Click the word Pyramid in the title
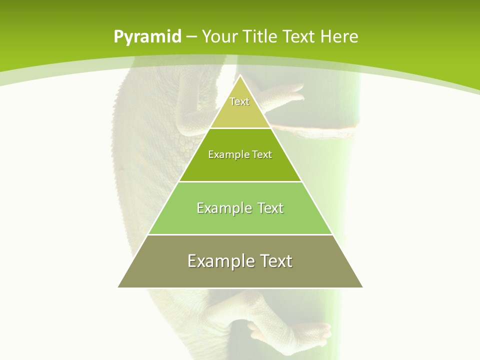pos(147,37)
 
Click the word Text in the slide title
pos(299,36)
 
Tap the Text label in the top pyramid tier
pos(239,101)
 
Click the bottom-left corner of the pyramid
pos(118,287)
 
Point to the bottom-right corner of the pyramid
pos(363,287)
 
